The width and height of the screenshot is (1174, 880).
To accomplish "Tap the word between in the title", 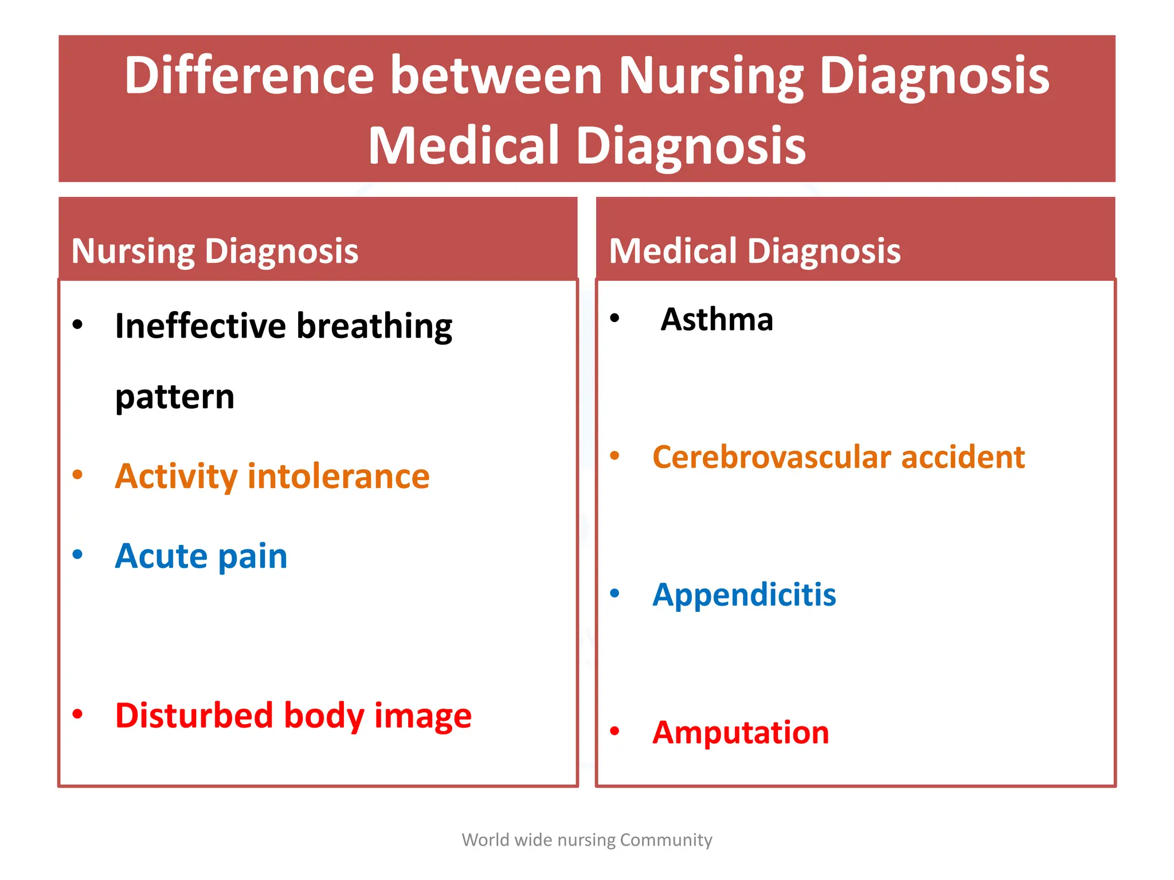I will tap(496, 76).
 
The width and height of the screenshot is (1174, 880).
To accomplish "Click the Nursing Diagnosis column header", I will tap(215, 251).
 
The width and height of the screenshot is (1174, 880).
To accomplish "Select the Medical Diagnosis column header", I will tap(754, 251).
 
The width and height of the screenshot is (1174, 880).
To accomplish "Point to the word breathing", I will tap(374, 327).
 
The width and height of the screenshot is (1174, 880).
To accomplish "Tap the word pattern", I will tap(175, 397).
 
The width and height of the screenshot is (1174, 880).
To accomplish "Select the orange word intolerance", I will tap(338, 476).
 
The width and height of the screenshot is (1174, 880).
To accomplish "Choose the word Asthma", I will tap(717, 319).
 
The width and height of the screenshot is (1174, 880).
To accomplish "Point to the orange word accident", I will tap(962, 457).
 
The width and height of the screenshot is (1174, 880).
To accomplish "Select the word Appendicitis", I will tap(744, 595).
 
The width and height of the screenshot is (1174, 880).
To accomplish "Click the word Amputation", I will tap(741, 732).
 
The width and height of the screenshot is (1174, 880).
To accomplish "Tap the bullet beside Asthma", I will tap(615, 318).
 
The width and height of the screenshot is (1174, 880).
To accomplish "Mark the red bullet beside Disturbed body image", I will tap(78, 714).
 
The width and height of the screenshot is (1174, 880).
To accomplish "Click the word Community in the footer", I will tap(666, 840).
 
